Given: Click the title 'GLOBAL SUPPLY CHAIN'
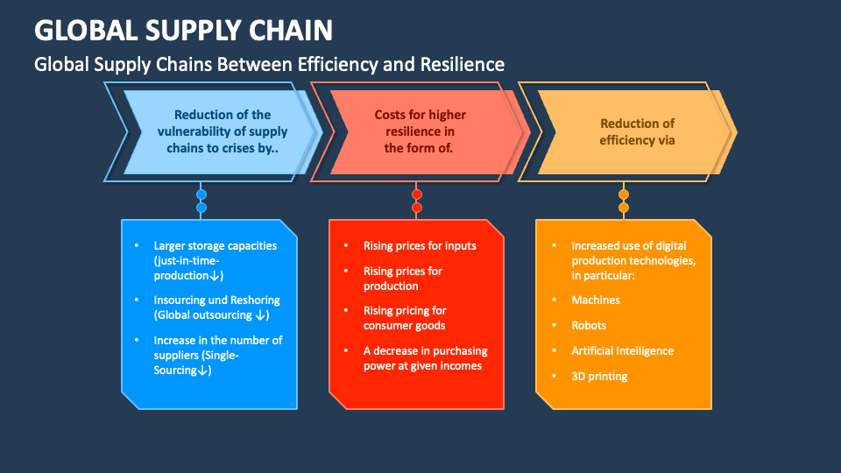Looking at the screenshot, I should click(x=183, y=30).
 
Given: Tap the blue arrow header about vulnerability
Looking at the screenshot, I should click(x=223, y=131).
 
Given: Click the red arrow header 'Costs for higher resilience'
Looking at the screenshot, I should click(x=420, y=131).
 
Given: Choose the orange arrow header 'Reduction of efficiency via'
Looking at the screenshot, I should click(x=637, y=131).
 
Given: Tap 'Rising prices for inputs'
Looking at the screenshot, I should click(x=420, y=246).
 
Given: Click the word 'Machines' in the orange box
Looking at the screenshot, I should click(x=596, y=300).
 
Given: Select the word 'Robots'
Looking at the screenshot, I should click(x=589, y=326).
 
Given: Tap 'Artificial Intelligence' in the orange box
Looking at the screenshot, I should click(x=622, y=350).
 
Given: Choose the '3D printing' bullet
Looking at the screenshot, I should click(x=599, y=376).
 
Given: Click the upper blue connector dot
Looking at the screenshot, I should click(x=201, y=194).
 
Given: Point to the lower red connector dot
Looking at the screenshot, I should click(x=417, y=208).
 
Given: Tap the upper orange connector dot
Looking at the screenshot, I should click(x=624, y=194).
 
